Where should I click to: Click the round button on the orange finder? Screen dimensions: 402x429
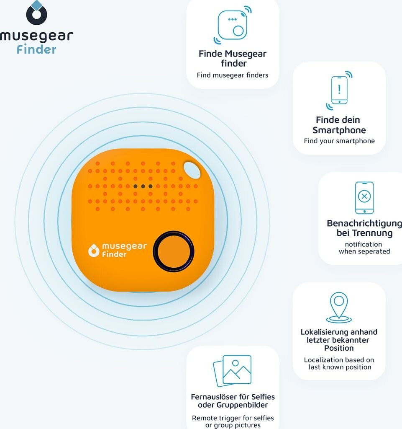tap(173, 251)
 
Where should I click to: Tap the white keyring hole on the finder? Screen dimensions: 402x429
tap(192, 171)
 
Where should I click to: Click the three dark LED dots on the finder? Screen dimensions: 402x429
tap(143, 186)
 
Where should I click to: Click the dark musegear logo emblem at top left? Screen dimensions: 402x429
tap(36, 13)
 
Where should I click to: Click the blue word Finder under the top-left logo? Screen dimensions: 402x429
tap(36, 49)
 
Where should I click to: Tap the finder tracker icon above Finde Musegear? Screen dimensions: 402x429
tap(233, 26)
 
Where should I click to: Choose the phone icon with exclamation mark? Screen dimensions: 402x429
tap(339, 90)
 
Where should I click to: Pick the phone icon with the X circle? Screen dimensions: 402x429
tap(364, 197)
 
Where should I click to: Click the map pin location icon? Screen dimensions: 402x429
tap(339, 308)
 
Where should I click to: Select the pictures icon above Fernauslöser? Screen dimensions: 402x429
tap(233, 370)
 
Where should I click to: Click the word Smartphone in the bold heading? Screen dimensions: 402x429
tap(339, 130)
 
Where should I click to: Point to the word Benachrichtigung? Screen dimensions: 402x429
tap(364, 223)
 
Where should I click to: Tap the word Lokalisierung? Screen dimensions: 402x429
tap(322, 332)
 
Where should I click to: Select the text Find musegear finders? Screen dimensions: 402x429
tap(233, 75)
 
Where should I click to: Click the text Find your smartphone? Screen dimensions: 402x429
tap(339, 141)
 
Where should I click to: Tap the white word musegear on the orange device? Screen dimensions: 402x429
tap(125, 246)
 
